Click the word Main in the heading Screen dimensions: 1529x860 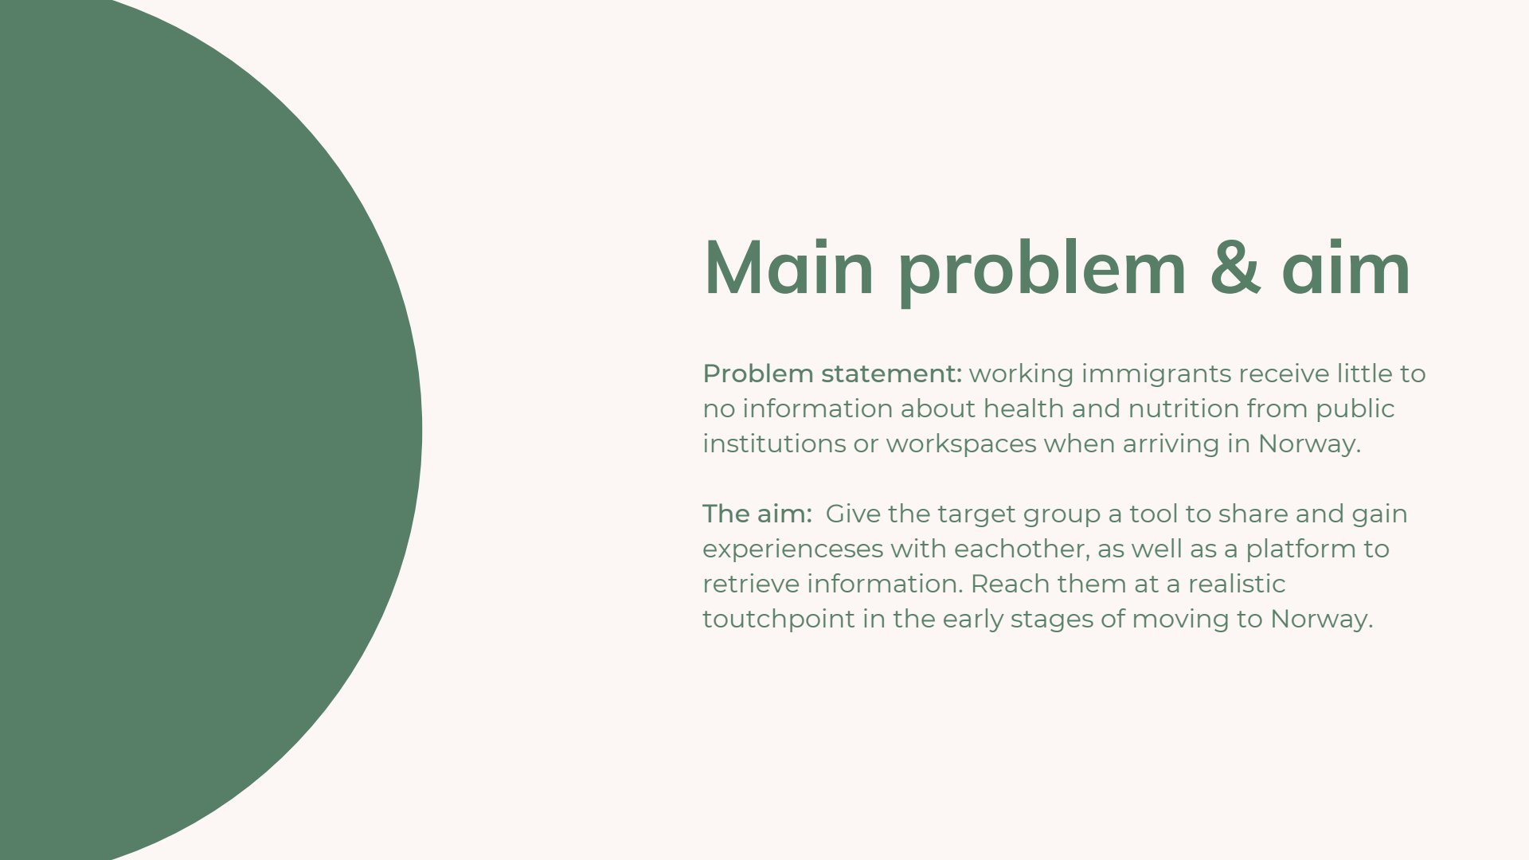point(788,268)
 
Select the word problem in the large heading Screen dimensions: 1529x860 point(1042,271)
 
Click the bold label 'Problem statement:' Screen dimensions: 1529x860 point(832,373)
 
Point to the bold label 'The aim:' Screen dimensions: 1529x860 point(757,514)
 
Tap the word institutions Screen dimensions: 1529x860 point(774,444)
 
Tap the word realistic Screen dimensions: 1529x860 point(1237,584)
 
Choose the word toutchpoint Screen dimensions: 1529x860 point(779,620)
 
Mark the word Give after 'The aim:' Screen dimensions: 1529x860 point(853,514)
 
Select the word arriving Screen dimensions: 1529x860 point(1171,444)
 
